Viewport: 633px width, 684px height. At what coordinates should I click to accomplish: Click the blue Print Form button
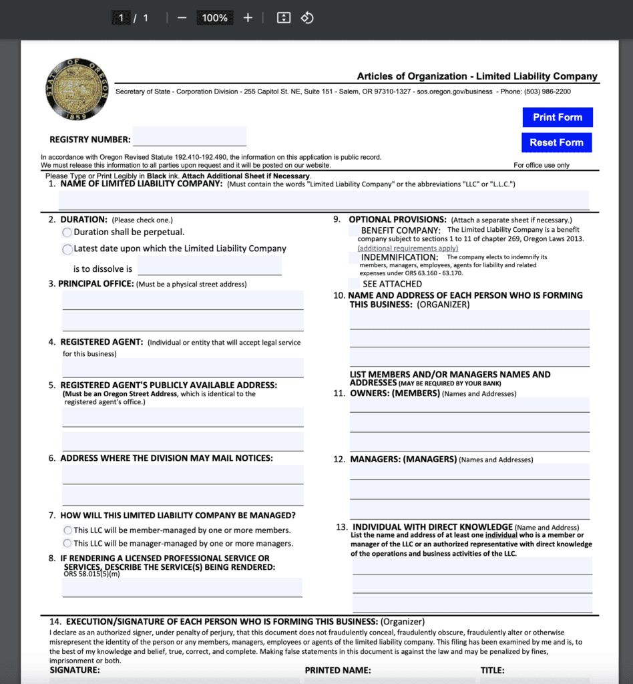point(557,117)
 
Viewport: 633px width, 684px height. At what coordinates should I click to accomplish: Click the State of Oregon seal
point(77,89)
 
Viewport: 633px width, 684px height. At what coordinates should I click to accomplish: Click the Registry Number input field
point(190,136)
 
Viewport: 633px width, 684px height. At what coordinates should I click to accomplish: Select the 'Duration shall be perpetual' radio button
point(67,232)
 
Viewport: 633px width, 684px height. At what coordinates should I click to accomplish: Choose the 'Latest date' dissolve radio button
point(67,249)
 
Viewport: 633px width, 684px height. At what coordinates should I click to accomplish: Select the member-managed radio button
point(67,530)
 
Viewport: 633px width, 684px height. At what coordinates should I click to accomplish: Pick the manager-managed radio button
point(67,544)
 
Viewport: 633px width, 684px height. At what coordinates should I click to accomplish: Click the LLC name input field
point(324,200)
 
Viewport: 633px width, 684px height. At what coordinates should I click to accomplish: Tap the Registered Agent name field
point(183,367)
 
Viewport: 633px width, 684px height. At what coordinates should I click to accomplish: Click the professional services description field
point(182,587)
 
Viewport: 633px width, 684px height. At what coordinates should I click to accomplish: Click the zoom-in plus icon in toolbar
point(248,18)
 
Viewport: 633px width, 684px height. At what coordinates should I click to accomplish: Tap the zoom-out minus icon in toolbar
point(182,18)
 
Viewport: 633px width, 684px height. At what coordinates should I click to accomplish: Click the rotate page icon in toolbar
point(307,18)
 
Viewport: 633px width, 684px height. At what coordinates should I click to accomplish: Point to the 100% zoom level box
point(214,18)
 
